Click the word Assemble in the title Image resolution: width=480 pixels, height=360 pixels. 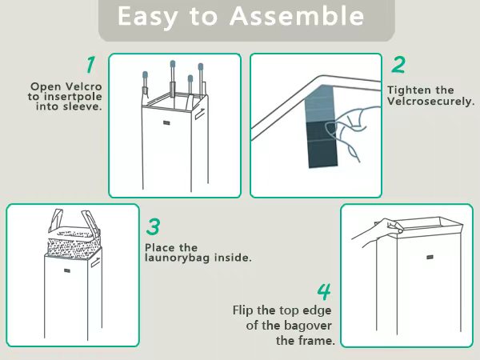pos(297,16)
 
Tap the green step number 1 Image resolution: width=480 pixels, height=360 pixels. pos(90,65)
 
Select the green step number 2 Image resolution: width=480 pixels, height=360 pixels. pos(398,65)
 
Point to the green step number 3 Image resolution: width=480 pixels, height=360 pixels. pos(153,226)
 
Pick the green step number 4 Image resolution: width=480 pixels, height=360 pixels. pos(324,292)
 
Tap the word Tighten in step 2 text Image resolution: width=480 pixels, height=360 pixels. pos(406,90)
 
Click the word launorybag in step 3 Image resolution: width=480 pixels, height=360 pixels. pos(178,258)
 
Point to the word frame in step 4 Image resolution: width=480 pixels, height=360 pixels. pos(319,341)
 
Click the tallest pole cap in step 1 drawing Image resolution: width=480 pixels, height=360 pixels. pos(173,64)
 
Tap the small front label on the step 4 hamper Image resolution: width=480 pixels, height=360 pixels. pos(430,257)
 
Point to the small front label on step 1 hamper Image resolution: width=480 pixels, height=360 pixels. pos(166,122)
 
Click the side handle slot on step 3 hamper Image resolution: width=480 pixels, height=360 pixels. pos(95,263)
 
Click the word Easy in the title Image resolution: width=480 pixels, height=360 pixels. pos(147,17)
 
